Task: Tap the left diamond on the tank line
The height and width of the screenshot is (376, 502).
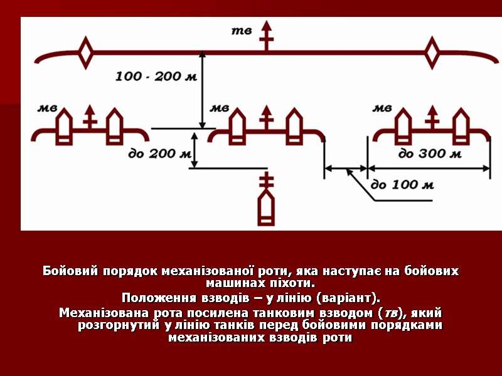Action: pyautogui.click(x=85, y=53)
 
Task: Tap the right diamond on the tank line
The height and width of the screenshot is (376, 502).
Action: pyautogui.click(x=432, y=53)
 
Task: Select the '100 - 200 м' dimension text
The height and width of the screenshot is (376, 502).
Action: pyautogui.click(x=156, y=76)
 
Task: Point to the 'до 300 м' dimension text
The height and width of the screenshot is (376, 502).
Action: pyautogui.click(x=430, y=154)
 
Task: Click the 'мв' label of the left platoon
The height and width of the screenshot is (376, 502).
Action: pyautogui.click(x=48, y=108)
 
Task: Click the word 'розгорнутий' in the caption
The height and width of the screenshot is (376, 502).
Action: pyautogui.click(x=115, y=325)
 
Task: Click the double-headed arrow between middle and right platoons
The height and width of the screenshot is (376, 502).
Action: pyautogui.click(x=345, y=168)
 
